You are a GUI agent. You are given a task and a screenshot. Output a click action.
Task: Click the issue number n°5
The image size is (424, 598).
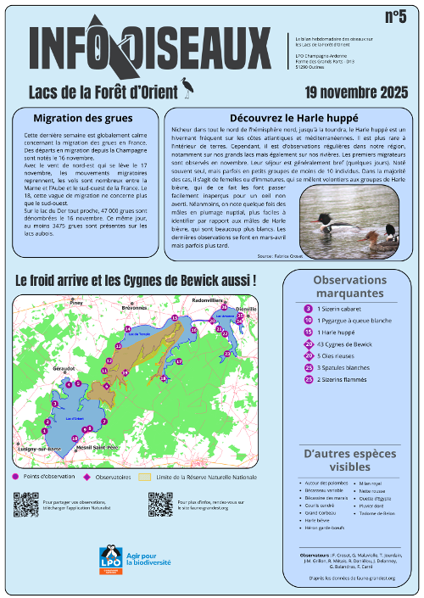[394, 18]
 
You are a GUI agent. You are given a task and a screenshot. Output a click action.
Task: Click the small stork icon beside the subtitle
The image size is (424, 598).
[186, 85]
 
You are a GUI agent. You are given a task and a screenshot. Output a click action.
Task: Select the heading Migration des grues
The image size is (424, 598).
[79, 118]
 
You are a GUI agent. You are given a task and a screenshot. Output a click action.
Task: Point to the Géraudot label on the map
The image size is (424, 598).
[64, 369]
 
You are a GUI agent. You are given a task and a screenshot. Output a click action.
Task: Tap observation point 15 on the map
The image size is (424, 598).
[174, 318]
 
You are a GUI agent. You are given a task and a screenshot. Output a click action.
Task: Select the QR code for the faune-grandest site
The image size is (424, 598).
[160, 505]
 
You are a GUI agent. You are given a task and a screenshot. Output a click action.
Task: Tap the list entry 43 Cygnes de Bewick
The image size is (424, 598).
[344, 344]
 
